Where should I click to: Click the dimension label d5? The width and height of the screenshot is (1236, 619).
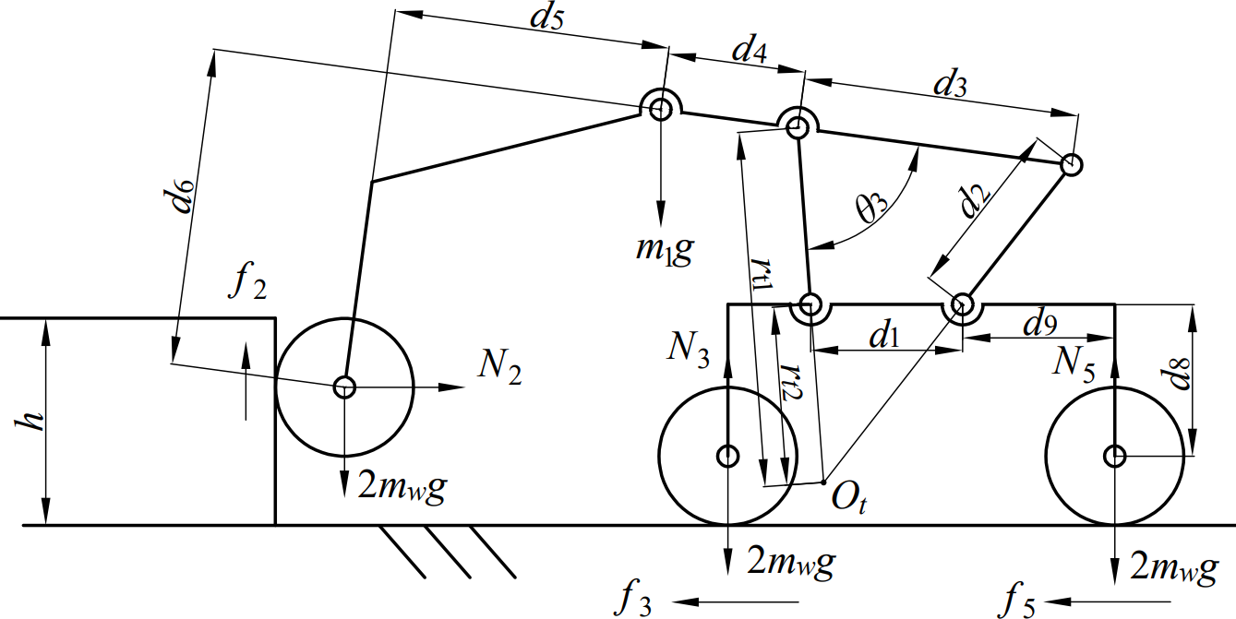click(546, 20)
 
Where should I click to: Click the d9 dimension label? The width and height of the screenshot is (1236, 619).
click(1040, 323)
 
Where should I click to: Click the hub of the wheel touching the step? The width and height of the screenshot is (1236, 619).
click(344, 387)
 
